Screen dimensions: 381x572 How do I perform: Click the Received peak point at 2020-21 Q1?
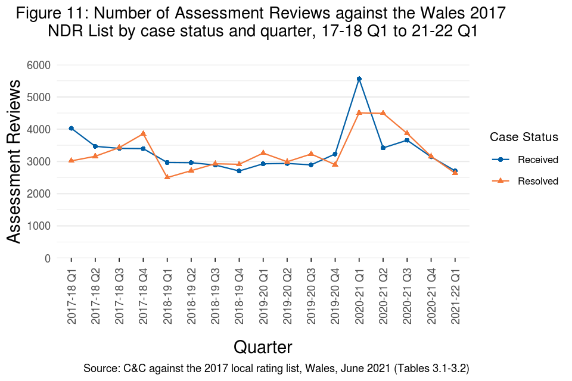[x=359, y=79]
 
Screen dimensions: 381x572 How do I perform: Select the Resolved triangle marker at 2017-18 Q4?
[x=143, y=133]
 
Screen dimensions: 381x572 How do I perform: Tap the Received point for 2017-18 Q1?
[x=71, y=128]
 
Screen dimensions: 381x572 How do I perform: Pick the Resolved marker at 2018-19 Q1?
[x=167, y=177]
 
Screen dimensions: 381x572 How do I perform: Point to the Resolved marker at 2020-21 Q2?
[x=383, y=113]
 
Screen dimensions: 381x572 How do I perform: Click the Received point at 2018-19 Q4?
[x=239, y=171]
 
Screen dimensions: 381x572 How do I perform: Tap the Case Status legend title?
[x=524, y=137]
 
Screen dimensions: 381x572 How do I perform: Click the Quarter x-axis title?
[x=263, y=347]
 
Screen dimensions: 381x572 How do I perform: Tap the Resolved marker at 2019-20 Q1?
[x=263, y=153]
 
